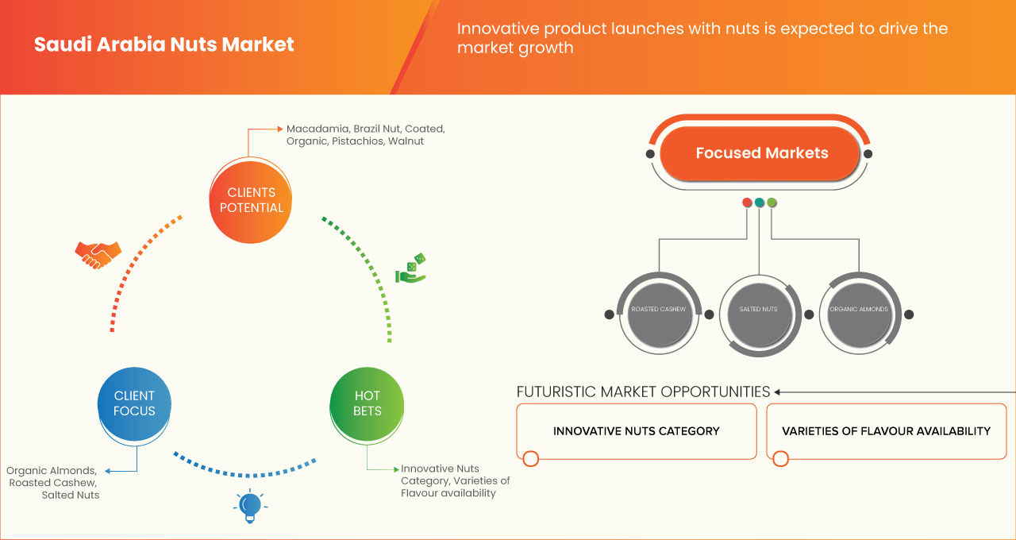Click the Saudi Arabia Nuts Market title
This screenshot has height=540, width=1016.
click(x=164, y=44)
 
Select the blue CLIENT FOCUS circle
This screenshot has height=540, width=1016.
click(x=134, y=403)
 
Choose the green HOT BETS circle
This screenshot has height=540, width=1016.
click(x=367, y=403)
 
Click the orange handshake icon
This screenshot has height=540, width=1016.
click(x=98, y=254)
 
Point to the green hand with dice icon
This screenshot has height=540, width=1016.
click(x=411, y=269)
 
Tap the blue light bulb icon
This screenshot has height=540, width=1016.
click(x=250, y=506)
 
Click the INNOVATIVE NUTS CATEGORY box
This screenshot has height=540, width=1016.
click(x=636, y=431)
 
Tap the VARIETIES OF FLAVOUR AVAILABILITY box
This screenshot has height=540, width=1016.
click(x=886, y=431)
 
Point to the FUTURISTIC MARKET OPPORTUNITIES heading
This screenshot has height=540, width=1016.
click(x=643, y=392)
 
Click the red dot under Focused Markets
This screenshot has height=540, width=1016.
click(x=747, y=202)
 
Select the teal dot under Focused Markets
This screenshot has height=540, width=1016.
click(x=760, y=202)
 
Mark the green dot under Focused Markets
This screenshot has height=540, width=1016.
click(x=772, y=202)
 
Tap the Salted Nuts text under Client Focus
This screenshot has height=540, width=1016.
click(x=71, y=495)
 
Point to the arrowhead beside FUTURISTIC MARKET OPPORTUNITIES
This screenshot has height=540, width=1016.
click(x=778, y=392)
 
